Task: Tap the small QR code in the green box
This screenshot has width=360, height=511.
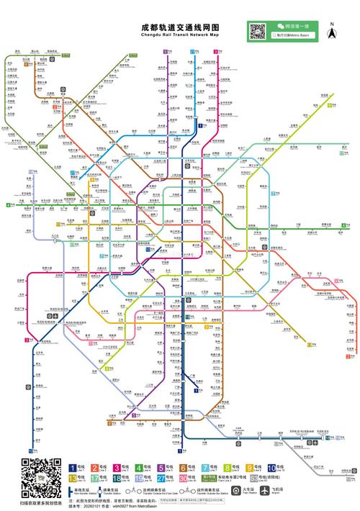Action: pyautogui.click(x=257, y=31)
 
